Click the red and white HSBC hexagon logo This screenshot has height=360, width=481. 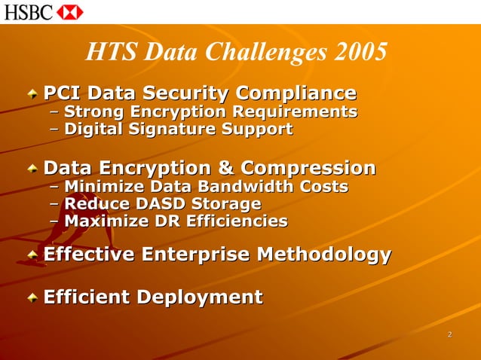tap(69, 11)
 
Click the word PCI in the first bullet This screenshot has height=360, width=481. tap(62, 93)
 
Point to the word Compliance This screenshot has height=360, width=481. tap(296, 93)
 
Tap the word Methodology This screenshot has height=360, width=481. tap(324, 255)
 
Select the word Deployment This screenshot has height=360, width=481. tap(200, 297)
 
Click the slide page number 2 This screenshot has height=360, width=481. tap(449, 334)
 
